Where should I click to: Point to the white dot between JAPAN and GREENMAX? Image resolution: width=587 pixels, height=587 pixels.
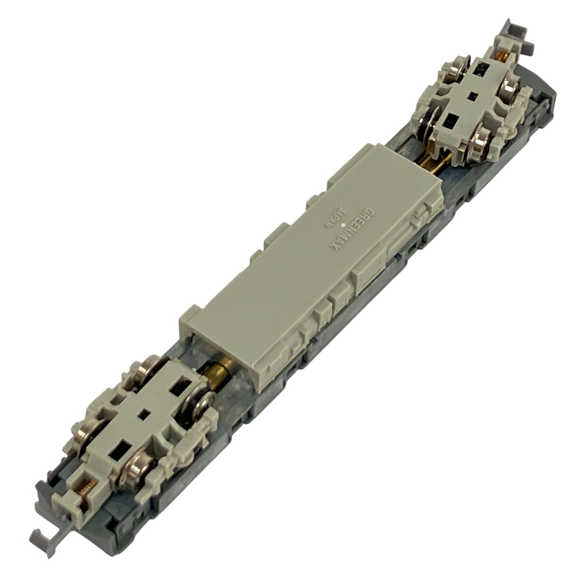pos(343,225)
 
